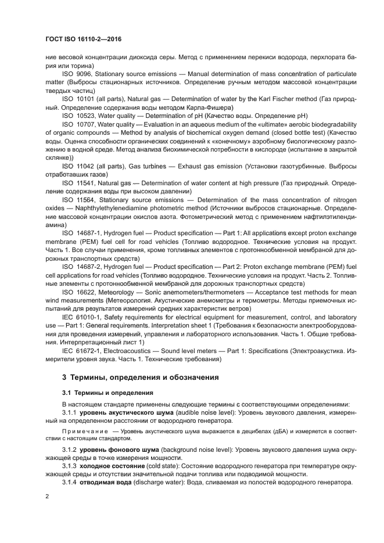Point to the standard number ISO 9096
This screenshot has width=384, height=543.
click(x=75, y=74)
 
